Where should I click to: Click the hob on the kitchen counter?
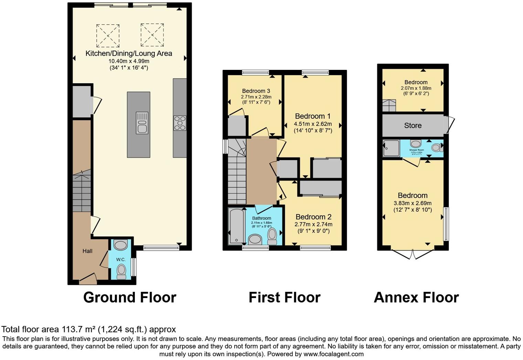180,123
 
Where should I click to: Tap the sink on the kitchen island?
142,123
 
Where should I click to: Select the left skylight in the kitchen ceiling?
108,35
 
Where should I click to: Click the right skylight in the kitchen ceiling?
152,35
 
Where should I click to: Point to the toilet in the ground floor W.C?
121,271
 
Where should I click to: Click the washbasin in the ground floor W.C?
120,245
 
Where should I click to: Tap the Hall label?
87,251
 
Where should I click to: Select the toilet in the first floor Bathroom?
272,236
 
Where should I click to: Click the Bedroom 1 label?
312,116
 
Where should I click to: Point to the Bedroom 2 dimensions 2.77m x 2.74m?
313,224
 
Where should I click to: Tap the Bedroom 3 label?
256,91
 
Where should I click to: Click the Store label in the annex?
413,126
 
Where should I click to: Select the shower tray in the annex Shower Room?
391,148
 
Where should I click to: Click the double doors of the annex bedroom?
413,254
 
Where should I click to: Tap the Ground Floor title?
130,297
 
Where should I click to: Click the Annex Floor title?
416,297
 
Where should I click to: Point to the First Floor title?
284,297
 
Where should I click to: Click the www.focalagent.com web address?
333,354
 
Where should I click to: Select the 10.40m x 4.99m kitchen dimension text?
129,61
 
